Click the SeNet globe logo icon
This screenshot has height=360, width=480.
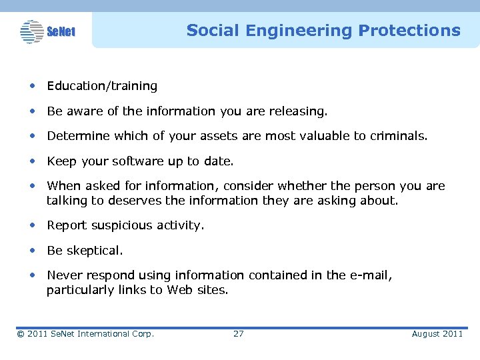tap(31, 31)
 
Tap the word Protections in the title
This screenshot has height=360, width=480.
tap(409, 31)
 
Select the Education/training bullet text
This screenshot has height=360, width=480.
tap(102, 86)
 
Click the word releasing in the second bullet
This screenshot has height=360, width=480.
tap(301, 111)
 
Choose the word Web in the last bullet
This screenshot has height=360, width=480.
tap(180, 289)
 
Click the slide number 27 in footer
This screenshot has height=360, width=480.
tap(238, 333)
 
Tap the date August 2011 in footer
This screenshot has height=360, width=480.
tap(437, 333)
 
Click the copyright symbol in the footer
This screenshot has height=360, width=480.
tap(20, 333)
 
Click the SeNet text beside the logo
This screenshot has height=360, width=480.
tap(61, 32)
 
